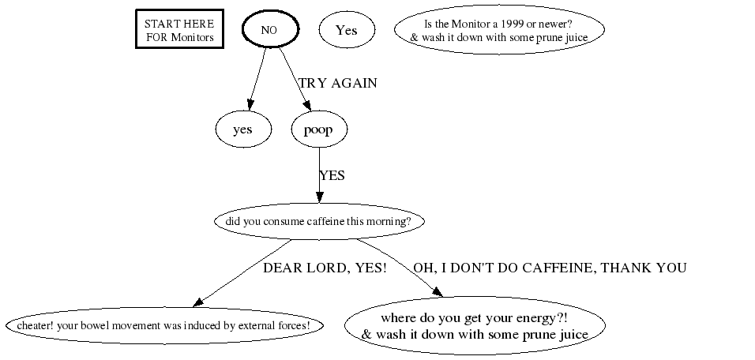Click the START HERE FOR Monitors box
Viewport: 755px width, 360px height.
[x=179, y=29]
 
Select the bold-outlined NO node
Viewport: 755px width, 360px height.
[x=270, y=29]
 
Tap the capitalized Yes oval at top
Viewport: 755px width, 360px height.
[x=347, y=30]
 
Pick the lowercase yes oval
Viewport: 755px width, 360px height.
[x=243, y=129]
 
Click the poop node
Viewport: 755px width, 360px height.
[x=319, y=129]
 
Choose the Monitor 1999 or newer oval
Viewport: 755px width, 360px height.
[x=499, y=30]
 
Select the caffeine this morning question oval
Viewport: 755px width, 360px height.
[x=319, y=221]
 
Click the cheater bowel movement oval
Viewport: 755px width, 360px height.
[x=164, y=325]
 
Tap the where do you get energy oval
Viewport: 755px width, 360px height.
[x=475, y=325]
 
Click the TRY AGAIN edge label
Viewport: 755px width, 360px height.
[x=338, y=83]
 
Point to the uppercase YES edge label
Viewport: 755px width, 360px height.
[x=332, y=176]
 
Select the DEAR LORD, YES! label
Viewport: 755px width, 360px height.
[x=325, y=268]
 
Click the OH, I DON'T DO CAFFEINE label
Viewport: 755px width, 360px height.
[x=550, y=268]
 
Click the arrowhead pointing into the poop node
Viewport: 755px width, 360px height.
[x=307, y=106]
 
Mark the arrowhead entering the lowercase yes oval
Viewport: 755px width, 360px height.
[x=250, y=105]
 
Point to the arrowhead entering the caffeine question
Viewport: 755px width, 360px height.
[x=319, y=197]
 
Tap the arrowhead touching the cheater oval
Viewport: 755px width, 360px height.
[x=198, y=302]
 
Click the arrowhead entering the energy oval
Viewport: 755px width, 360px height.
[x=438, y=291]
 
